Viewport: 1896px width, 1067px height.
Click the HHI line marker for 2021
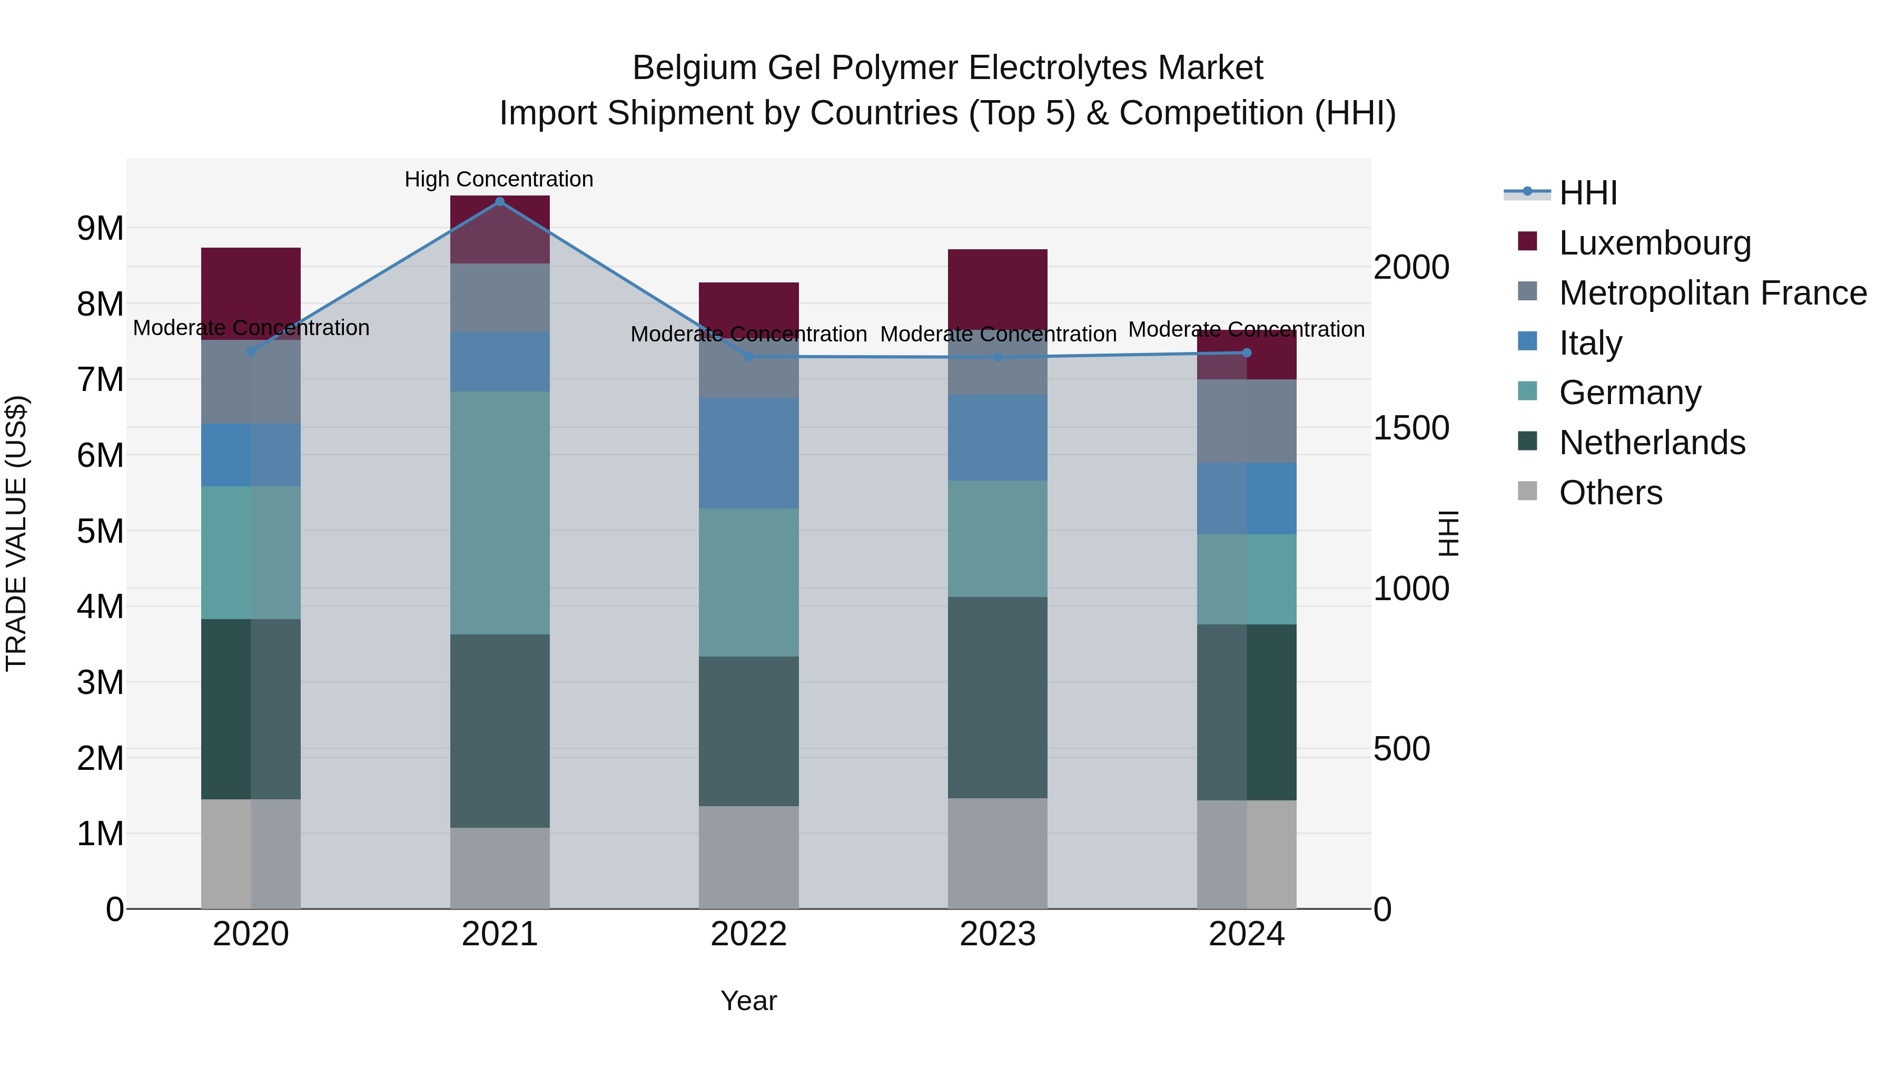pyautogui.click(x=500, y=202)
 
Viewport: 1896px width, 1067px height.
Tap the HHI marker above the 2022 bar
pyautogui.click(x=748, y=356)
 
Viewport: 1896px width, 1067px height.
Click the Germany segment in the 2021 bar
pyautogui.click(x=500, y=513)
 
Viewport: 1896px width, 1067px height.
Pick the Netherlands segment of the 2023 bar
pyautogui.click(x=998, y=697)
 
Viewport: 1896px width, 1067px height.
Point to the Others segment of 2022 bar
pyautogui.click(x=748, y=857)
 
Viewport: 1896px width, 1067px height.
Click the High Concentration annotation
pyautogui.click(x=499, y=179)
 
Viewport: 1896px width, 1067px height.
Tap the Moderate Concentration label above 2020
pyautogui.click(x=251, y=328)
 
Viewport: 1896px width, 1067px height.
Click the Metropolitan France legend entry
pyautogui.click(x=1712, y=293)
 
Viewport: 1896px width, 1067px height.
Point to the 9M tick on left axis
pyautogui.click(x=100, y=228)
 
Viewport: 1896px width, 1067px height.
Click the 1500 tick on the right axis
pyautogui.click(x=1411, y=428)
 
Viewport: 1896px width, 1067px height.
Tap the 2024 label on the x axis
pyautogui.click(x=1246, y=934)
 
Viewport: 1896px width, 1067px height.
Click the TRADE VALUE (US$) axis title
pyautogui.click(x=16, y=533)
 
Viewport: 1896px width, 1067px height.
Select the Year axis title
pyautogui.click(x=748, y=1001)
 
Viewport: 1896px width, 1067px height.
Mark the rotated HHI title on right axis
pyautogui.click(x=1448, y=533)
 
